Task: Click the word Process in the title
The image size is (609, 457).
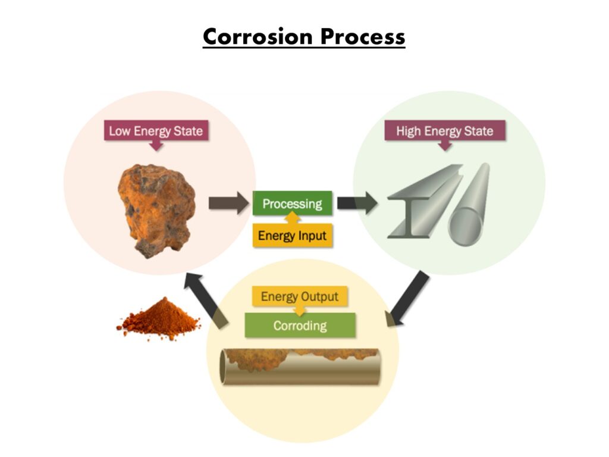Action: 363,37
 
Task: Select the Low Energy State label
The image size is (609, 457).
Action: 156,131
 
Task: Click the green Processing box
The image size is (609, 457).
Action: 292,204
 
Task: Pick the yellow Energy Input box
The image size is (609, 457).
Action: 292,236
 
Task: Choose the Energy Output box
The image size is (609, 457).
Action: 300,296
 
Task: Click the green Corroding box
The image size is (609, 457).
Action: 300,326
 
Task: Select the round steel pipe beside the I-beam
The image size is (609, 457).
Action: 470,205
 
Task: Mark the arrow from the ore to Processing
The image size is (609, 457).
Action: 228,203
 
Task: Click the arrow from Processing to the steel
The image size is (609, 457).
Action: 356,203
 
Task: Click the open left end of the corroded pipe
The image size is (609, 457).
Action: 226,367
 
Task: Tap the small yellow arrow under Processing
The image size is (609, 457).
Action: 293,219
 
